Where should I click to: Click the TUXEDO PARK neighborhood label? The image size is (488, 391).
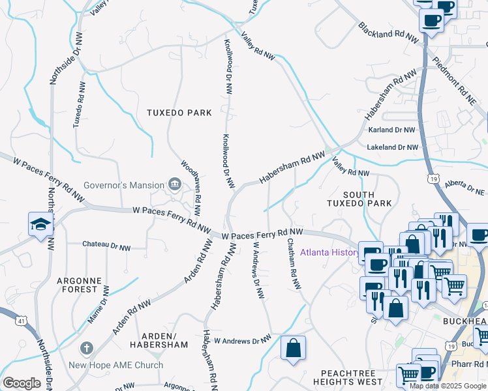coord(179,113)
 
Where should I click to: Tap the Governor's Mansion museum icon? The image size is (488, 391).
coord(174,185)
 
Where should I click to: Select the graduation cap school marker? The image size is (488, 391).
coord(40,225)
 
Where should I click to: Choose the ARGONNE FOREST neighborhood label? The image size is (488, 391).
coord(79,285)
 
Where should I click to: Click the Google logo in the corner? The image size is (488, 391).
coord(22,383)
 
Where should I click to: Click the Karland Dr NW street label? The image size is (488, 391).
coord(392,130)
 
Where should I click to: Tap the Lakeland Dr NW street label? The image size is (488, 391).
coord(391,148)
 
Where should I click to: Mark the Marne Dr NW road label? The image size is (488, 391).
coord(99,304)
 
